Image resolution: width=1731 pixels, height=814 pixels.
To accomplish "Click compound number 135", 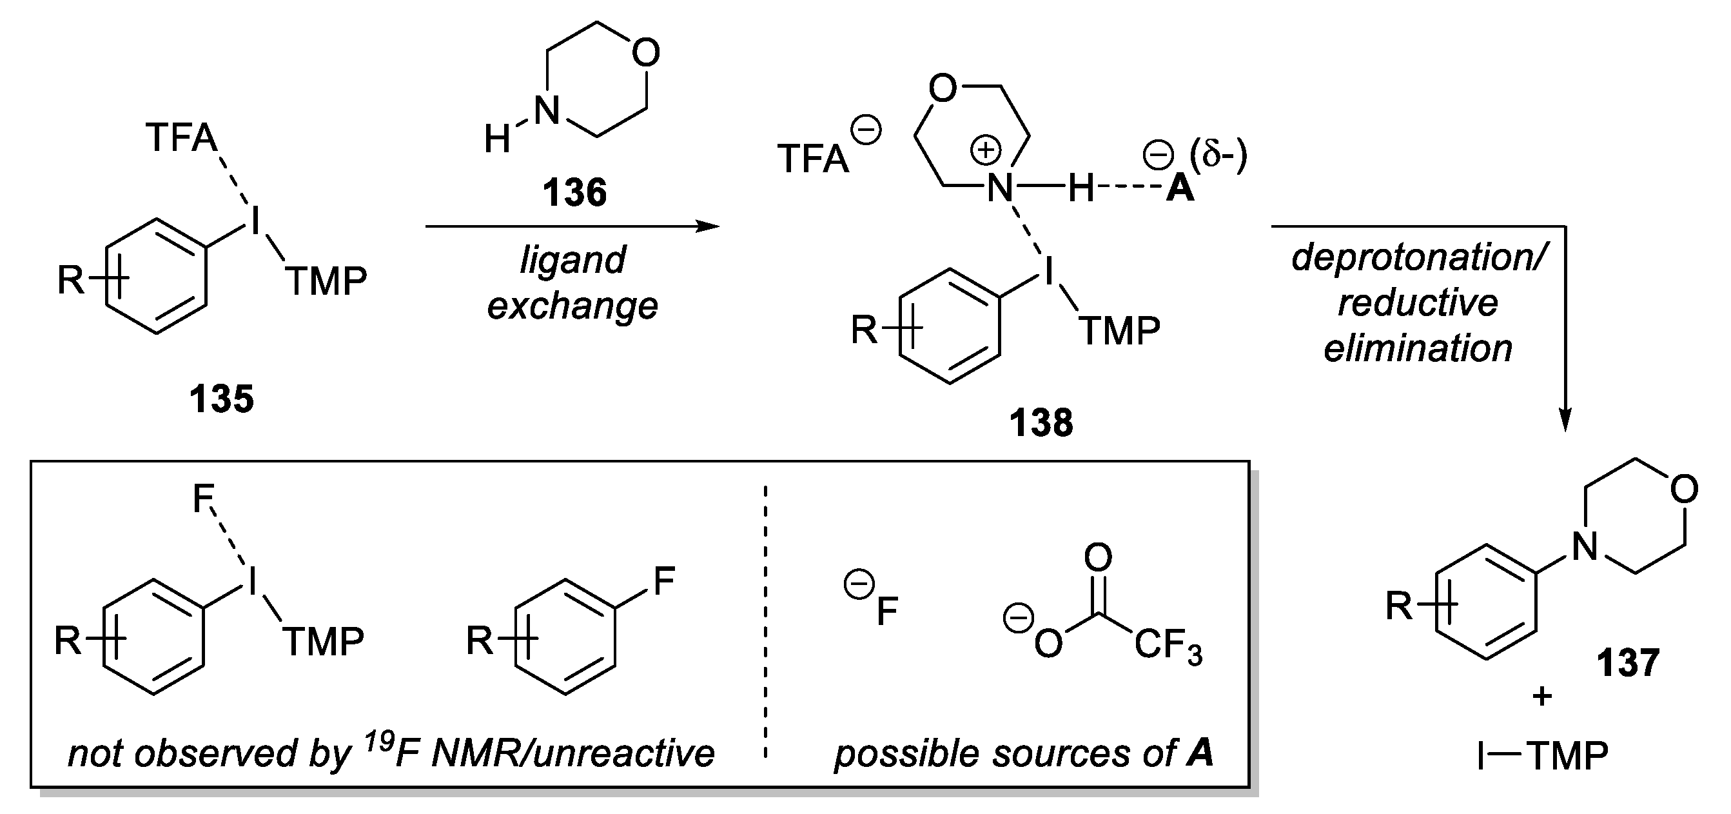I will [221, 399].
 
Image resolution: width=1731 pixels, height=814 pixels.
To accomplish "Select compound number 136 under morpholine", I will [574, 193].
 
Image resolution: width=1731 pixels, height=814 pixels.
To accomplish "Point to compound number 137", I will [1628, 663].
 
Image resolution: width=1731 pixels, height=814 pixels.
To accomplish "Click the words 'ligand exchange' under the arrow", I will [572, 283].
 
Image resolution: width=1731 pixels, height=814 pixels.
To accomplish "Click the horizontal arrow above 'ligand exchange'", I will [572, 226].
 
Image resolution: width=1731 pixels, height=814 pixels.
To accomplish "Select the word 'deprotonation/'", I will [1418, 257].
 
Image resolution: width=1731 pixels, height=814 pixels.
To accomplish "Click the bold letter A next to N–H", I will [1179, 189].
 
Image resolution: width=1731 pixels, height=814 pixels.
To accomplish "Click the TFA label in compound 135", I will [181, 139].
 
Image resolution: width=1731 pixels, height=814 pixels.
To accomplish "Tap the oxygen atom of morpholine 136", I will [646, 52].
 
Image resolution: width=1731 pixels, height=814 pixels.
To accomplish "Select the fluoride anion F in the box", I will [886, 611].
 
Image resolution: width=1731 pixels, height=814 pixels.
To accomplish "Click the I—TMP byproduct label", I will [1542, 757].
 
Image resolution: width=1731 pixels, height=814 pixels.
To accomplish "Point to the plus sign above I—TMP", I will [1542, 697].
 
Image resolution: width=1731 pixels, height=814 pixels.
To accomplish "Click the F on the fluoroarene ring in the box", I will [663, 580].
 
